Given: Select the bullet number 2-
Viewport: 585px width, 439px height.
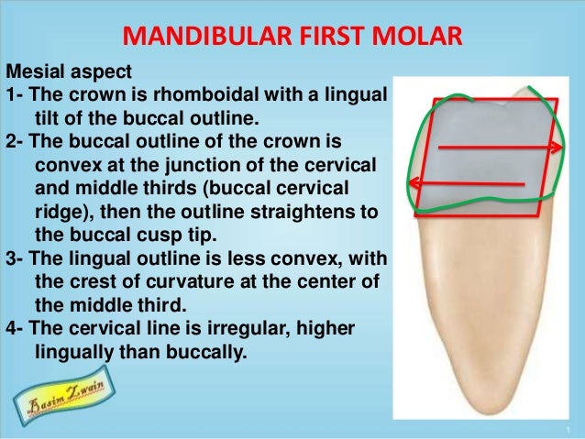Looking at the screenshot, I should pos(15,145).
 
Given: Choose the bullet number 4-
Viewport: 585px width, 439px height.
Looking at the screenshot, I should pos(15,324).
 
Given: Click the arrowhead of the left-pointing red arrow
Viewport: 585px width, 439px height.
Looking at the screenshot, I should pos(415,182).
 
